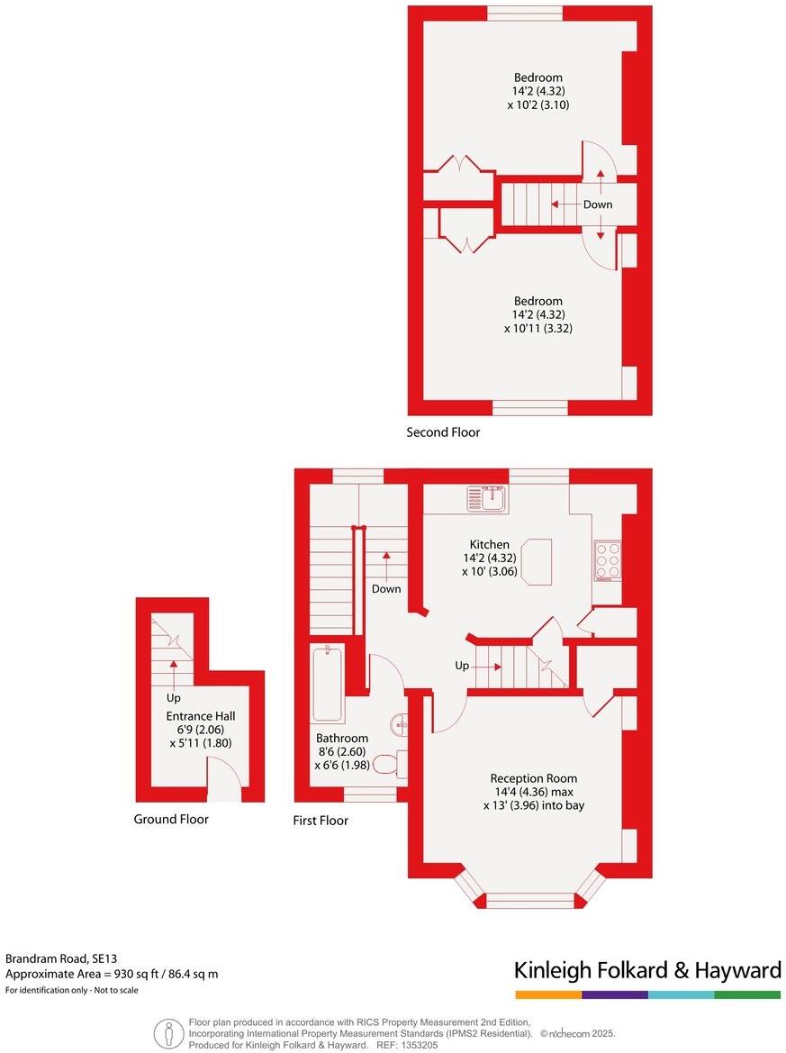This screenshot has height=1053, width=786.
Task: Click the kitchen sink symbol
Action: click(x=488, y=498)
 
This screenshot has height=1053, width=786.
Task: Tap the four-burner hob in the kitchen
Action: click(x=607, y=559)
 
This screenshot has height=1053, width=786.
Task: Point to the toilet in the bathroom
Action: click(x=387, y=764)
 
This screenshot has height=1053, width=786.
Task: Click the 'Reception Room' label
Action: click(x=533, y=778)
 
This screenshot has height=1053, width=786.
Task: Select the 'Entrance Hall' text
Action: click(x=200, y=716)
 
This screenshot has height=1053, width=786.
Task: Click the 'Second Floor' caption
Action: click(x=443, y=432)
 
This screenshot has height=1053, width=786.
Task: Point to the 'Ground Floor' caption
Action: click(x=171, y=819)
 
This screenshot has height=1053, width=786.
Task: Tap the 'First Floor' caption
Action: click(x=321, y=820)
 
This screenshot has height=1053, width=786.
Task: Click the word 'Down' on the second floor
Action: click(x=598, y=204)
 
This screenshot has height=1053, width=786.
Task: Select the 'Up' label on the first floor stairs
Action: click(x=461, y=667)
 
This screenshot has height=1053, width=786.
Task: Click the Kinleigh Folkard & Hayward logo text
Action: click(x=647, y=970)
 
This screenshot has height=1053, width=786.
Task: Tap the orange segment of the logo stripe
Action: click(x=548, y=994)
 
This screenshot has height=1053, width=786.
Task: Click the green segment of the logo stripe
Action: click(x=747, y=994)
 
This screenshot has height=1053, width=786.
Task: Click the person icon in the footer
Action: click(x=167, y=1032)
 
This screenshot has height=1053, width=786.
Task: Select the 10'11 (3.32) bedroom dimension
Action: click(x=538, y=329)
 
